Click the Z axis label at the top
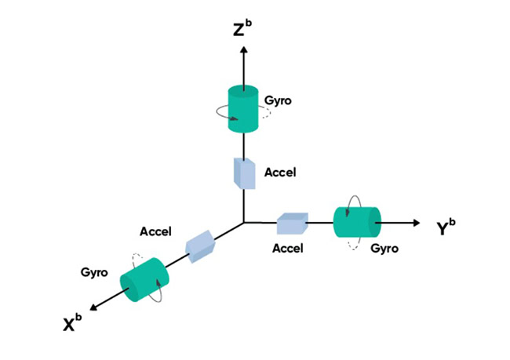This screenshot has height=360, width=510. pyautogui.click(x=242, y=28)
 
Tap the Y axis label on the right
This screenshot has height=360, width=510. pyautogui.click(x=446, y=227)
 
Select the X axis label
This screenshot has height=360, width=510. pyautogui.click(x=72, y=322)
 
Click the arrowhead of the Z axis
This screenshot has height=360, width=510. pyautogui.click(x=244, y=49)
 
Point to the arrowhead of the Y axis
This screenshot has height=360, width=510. pyautogui.click(x=417, y=223)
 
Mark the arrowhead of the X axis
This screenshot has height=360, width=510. pyautogui.click(x=93, y=307)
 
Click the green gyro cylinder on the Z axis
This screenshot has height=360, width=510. pyautogui.click(x=243, y=109)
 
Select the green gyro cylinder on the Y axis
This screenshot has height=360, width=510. pyautogui.click(x=357, y=222)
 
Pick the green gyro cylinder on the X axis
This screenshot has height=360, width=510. pyautogui.click(x=144, y=280)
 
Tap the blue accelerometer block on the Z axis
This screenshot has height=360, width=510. pyautogui.click(x=245, y=173)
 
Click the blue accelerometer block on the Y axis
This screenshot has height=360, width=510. pyautogui.click(x=292, y=224)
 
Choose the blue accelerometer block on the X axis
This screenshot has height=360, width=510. pyautogui.click(x=200, y=246)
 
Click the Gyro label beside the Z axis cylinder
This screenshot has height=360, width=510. pyautogui.click(x=278, y=100)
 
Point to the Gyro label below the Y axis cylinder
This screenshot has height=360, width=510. pyautogui.click(x=384, y=249)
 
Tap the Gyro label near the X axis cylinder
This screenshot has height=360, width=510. pyautogui.click(x=94, y=272)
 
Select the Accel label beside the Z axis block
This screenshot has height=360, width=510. pyautogui.click(x=280, y=173)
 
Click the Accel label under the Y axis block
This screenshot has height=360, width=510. pyautogui.click(x=288, y=249)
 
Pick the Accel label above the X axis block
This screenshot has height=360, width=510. pyautogui.click(x=155, y=231)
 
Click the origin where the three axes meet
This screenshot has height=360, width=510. pyautogui.click(x=244, y=223)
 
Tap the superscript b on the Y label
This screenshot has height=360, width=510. pyautogui.click(x=452, y=223)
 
